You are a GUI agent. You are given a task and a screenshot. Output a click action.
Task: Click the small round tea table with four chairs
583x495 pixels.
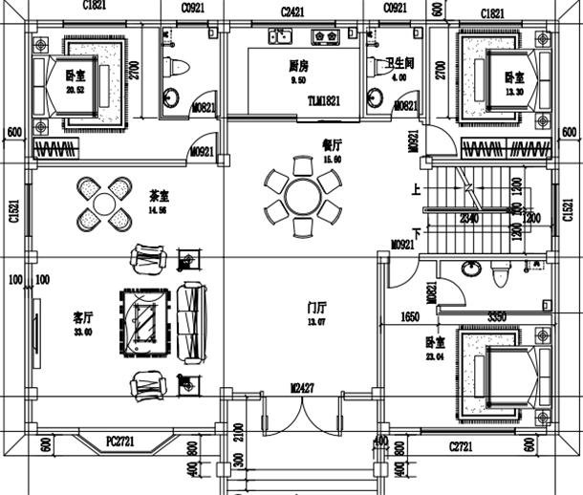point(102,204)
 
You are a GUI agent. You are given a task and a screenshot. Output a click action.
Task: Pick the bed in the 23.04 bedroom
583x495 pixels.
point(502,374)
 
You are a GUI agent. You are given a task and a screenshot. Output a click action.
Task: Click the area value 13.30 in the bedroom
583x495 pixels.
point(514,91)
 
